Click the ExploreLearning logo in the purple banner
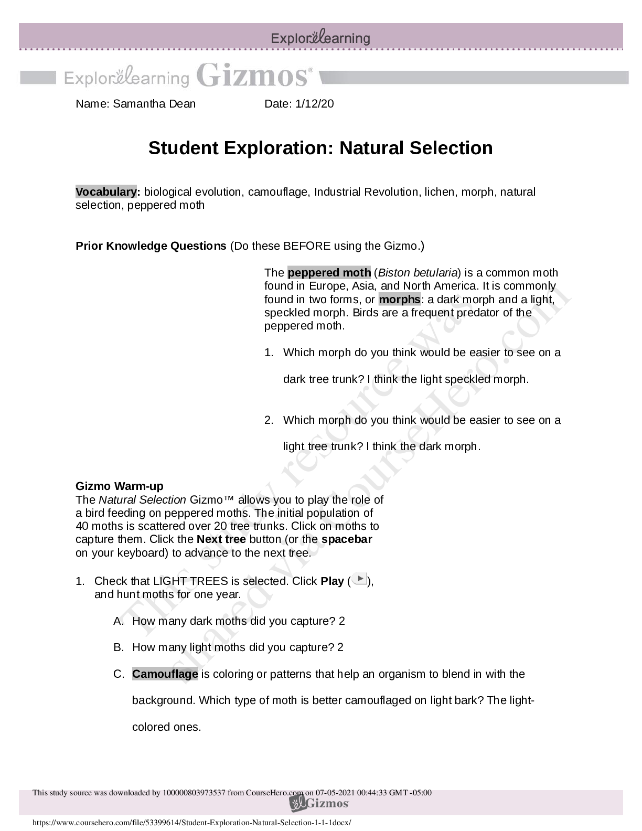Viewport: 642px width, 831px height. (320, 38)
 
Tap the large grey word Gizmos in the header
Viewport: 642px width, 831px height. (252, 76)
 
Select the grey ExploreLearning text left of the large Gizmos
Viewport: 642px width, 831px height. (126, 78)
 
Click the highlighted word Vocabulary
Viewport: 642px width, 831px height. (106, 192)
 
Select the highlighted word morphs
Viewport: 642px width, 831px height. (399, 300)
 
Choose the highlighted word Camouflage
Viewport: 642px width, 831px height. (165, 674)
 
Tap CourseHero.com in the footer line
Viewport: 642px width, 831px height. (274, 793)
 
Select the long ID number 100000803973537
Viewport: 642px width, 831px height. (194, 793)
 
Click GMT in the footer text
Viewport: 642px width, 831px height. (398, 793)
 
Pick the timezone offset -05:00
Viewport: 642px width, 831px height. (421, 793)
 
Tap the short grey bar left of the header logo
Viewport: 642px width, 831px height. (38, 78)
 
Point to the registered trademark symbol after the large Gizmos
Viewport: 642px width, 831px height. (310, 69)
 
